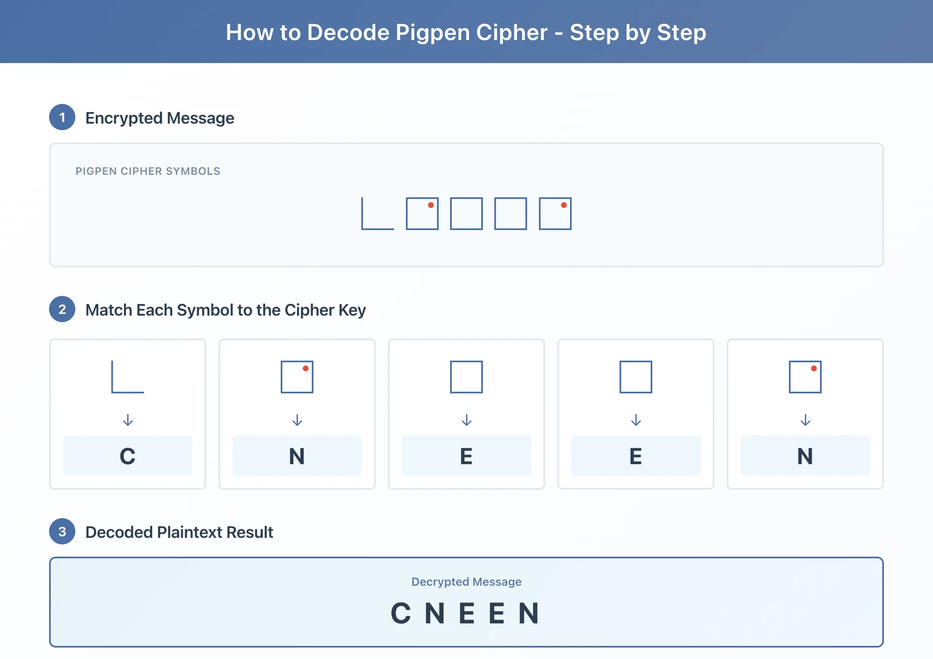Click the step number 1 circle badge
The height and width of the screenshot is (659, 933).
(x=62, y=117)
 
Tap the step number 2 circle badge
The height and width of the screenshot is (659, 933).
(x=62, y=309)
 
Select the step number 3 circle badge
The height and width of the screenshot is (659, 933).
(x=62, y=531)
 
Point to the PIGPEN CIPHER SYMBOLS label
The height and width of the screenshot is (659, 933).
(x=148, y=171)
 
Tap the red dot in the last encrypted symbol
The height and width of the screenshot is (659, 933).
(x=564, y=205)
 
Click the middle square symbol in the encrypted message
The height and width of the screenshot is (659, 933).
(x=466, y=214)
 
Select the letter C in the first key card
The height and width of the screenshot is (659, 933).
(x=127, y=456)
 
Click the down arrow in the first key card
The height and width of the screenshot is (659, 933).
(x=128, y=420)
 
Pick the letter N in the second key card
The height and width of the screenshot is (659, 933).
(x=297, y=456)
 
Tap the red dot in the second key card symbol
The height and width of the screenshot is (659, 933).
(x=306, y=368)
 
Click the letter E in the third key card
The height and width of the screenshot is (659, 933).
(x=466, y=456)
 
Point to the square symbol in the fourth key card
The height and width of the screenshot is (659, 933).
(x=636, y=377)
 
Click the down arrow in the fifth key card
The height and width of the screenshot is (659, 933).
(x=805, y=420)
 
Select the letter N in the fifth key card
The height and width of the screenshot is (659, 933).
(x=805, y=456)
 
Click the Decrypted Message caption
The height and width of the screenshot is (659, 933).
(x=466, y=582)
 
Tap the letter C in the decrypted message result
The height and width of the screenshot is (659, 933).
(x=401, y=613)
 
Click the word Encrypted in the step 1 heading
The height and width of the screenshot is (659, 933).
(x=124, y=118)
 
